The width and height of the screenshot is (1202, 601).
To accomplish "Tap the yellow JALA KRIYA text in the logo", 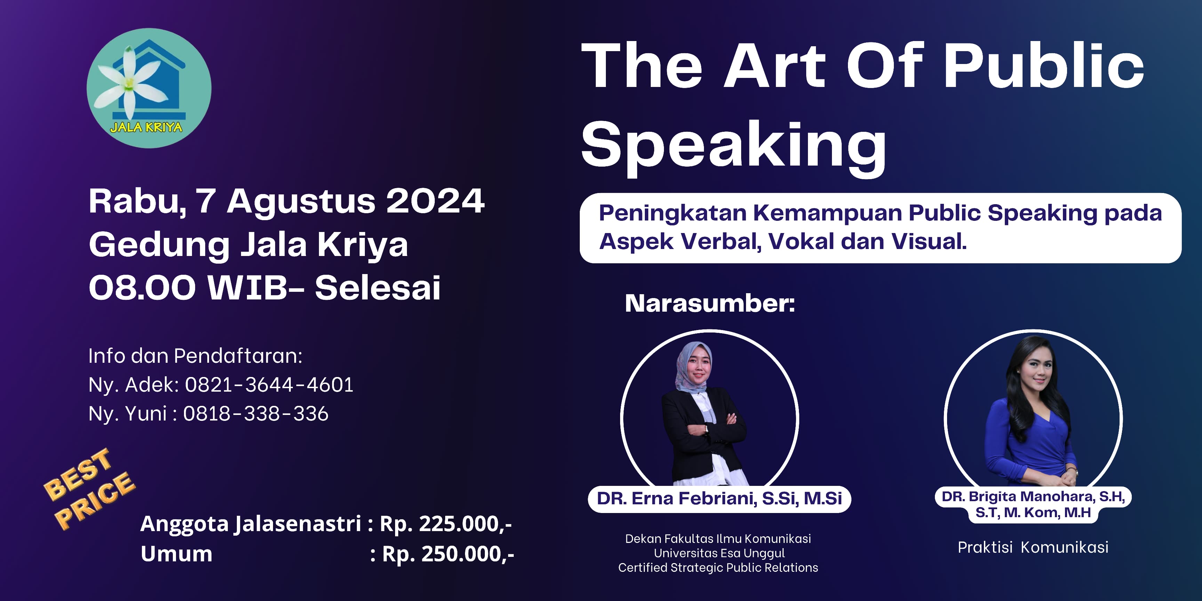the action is pos(146,127).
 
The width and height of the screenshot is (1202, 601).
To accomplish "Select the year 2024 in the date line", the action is pos(435,202).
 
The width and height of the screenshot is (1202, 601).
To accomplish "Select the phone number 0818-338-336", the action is pos(256,414).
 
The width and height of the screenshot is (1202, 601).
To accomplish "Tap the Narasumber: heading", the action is pos(710,303).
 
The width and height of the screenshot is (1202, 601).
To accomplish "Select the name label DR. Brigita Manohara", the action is pos(1033,504).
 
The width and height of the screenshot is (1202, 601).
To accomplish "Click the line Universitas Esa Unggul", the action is pos(719,553).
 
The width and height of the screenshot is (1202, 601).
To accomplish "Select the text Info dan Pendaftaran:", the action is pos(195,356).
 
